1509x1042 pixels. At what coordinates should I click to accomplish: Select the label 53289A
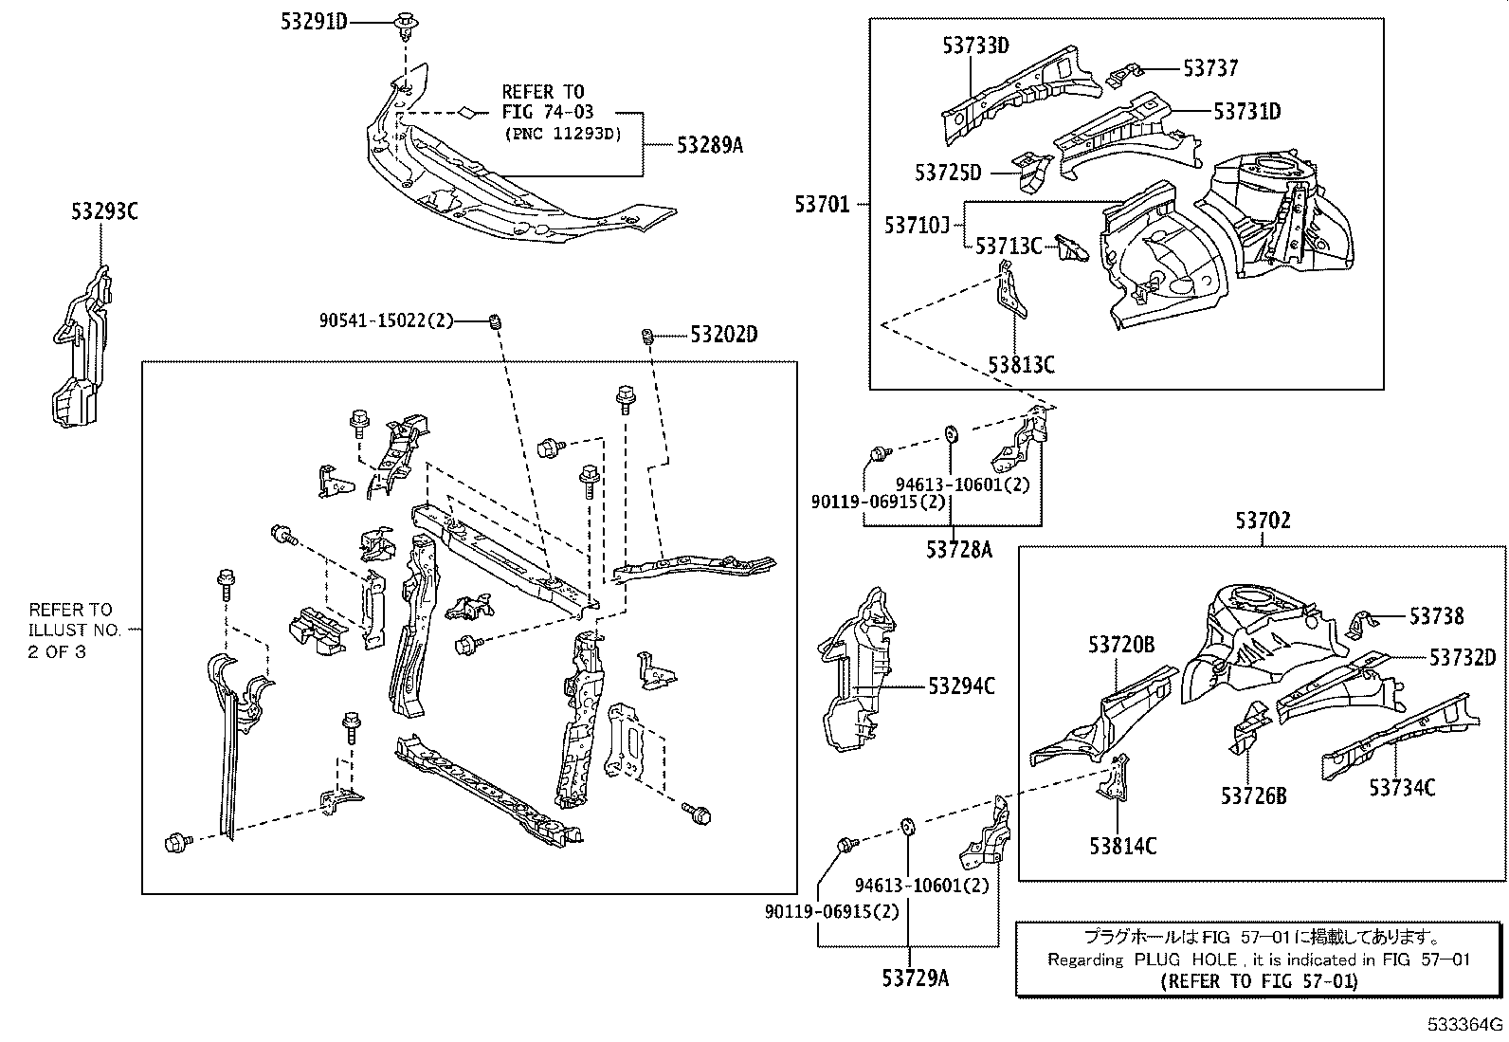click(710, 145)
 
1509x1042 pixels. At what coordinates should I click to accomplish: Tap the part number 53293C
click(104, 212)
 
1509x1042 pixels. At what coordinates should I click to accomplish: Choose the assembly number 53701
click(823, 203)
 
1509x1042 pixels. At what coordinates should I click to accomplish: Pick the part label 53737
click(1210, 68)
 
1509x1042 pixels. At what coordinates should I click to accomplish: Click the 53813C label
click(1021, 365)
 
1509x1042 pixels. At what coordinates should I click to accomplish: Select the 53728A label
click(958, 548)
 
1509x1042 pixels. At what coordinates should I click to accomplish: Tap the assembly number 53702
click(1263, 521)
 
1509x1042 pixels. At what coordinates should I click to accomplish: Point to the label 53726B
click(1253, 795)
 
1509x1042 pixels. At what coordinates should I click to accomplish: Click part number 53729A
click(910, 978)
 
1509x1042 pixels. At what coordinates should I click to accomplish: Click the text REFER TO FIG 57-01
click(1259, 981)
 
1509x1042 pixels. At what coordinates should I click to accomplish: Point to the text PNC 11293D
click(562, 134)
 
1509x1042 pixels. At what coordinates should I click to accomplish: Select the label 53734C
click(1402, 787)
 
